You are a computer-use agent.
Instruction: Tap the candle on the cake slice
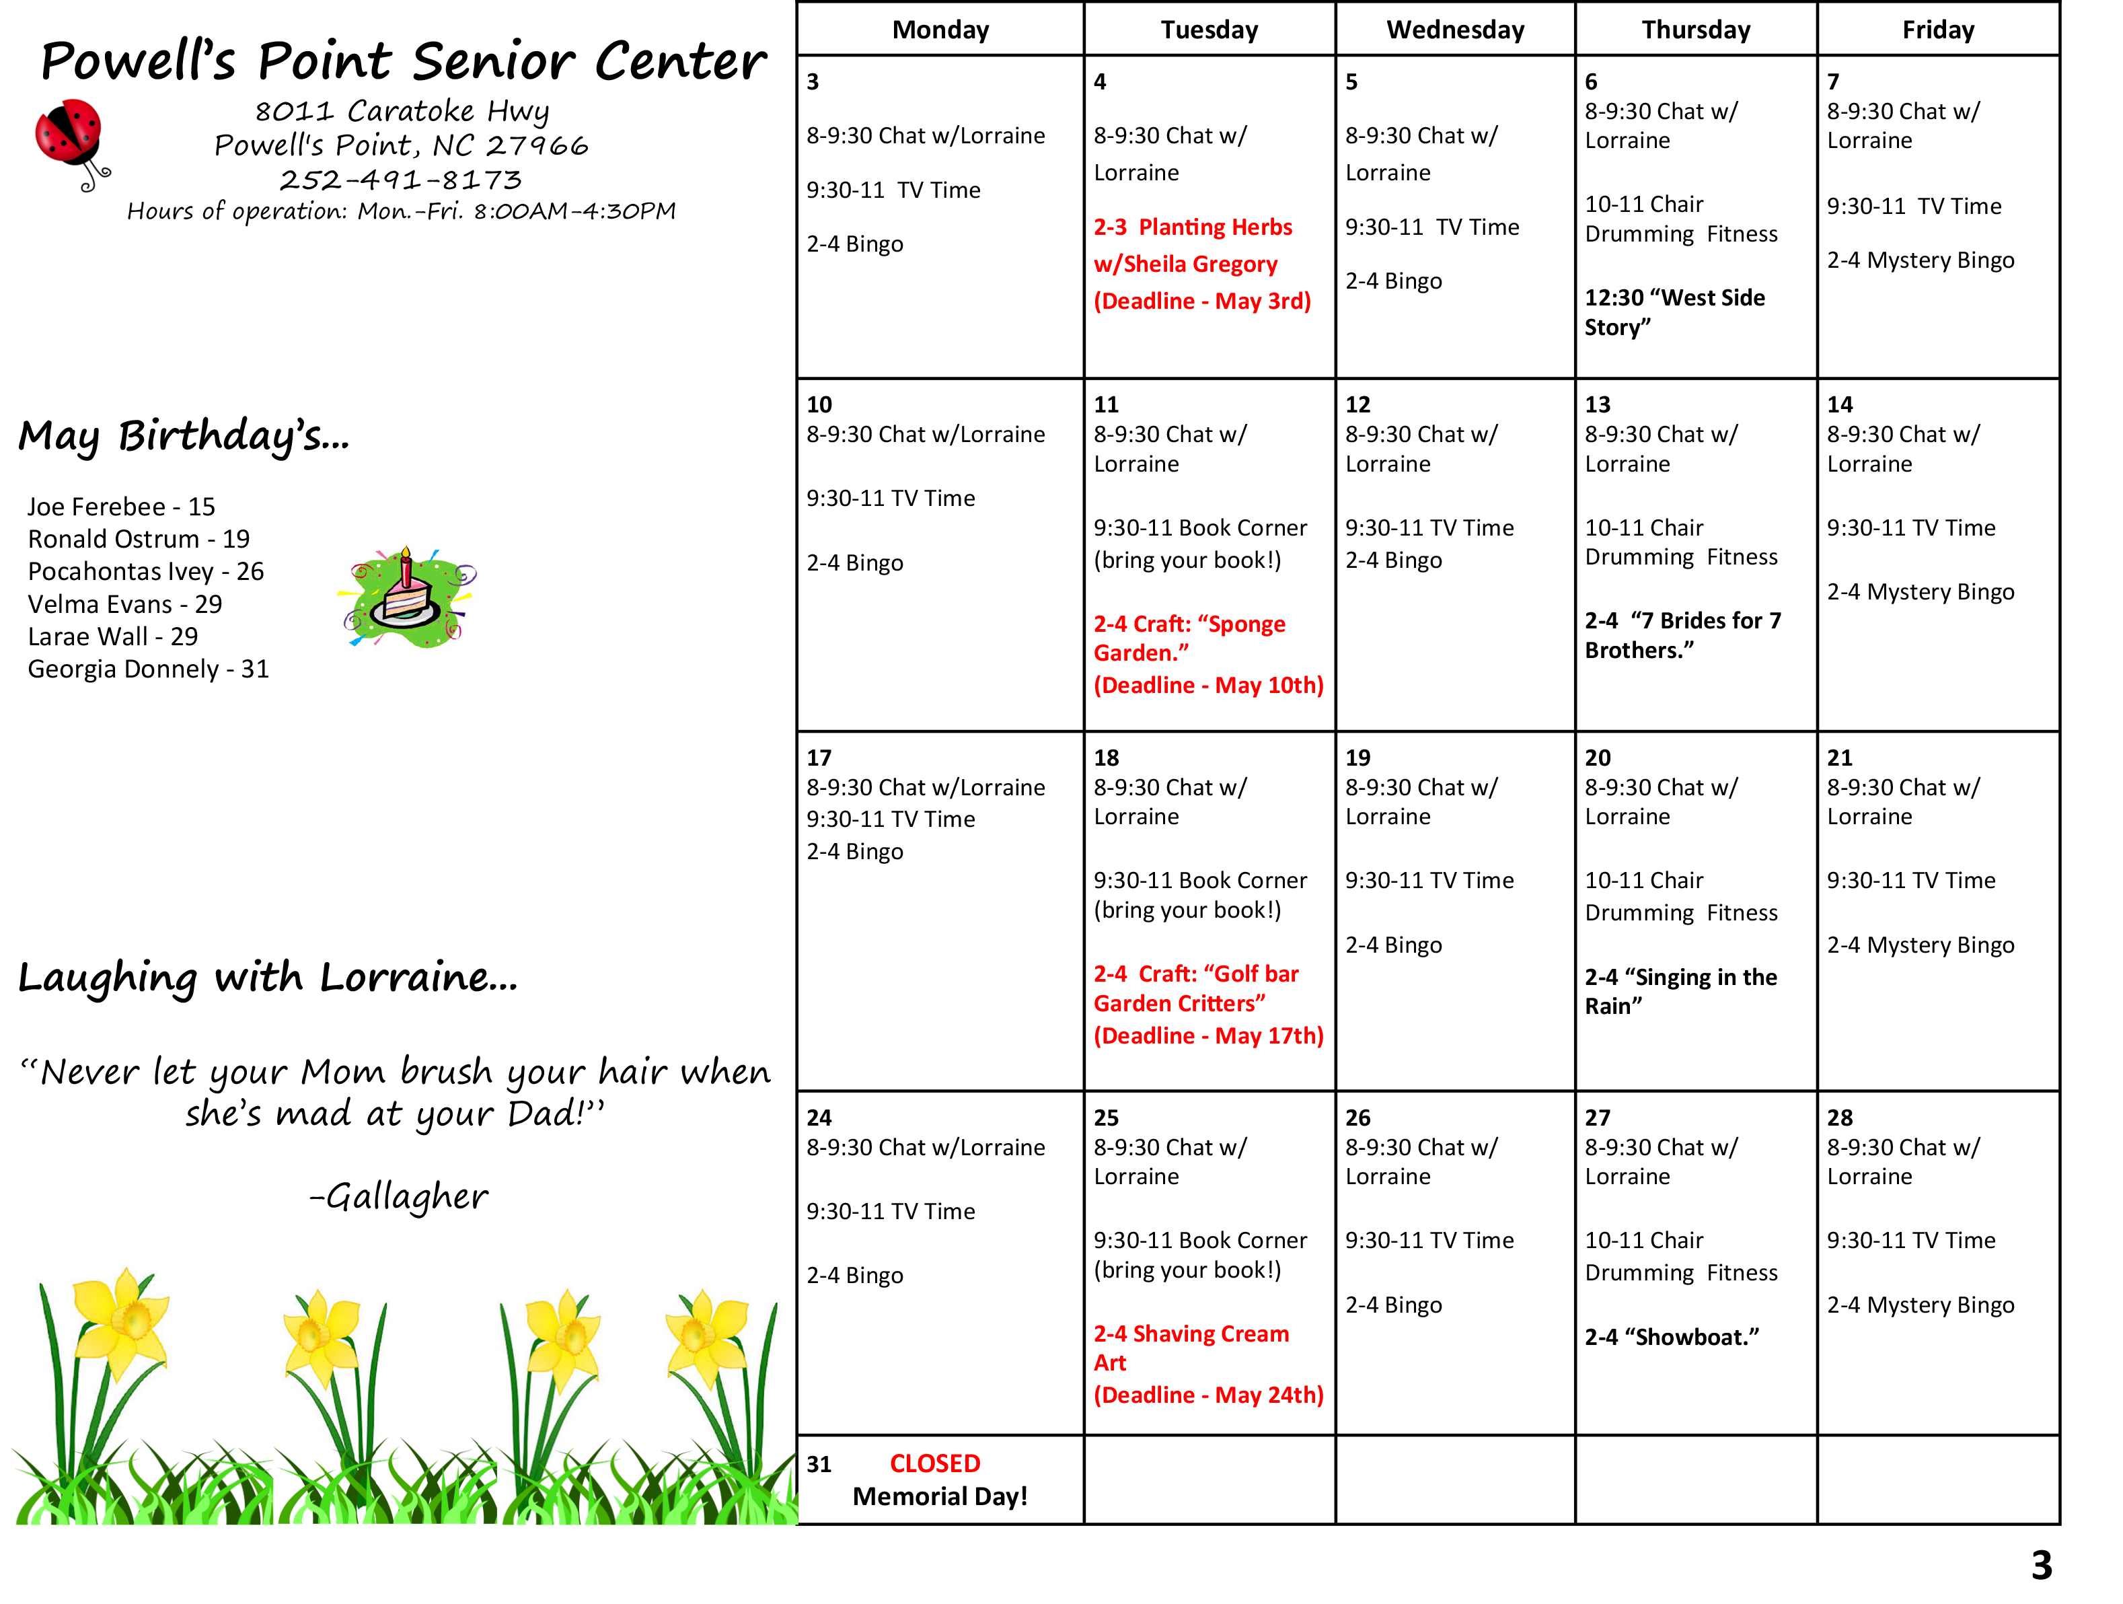coord(406,569)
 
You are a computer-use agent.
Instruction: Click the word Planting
coord(1181,227)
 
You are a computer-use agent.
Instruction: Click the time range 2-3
coord(1109,227)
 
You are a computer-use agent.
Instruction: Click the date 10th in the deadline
coord(1295,686)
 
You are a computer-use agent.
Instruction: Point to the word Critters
coord(1223,1003)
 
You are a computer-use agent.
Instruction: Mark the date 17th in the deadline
coord(1295,1035)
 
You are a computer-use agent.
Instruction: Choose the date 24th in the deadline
coord(1295,1395)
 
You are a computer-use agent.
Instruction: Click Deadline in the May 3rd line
coord(1147,301)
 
